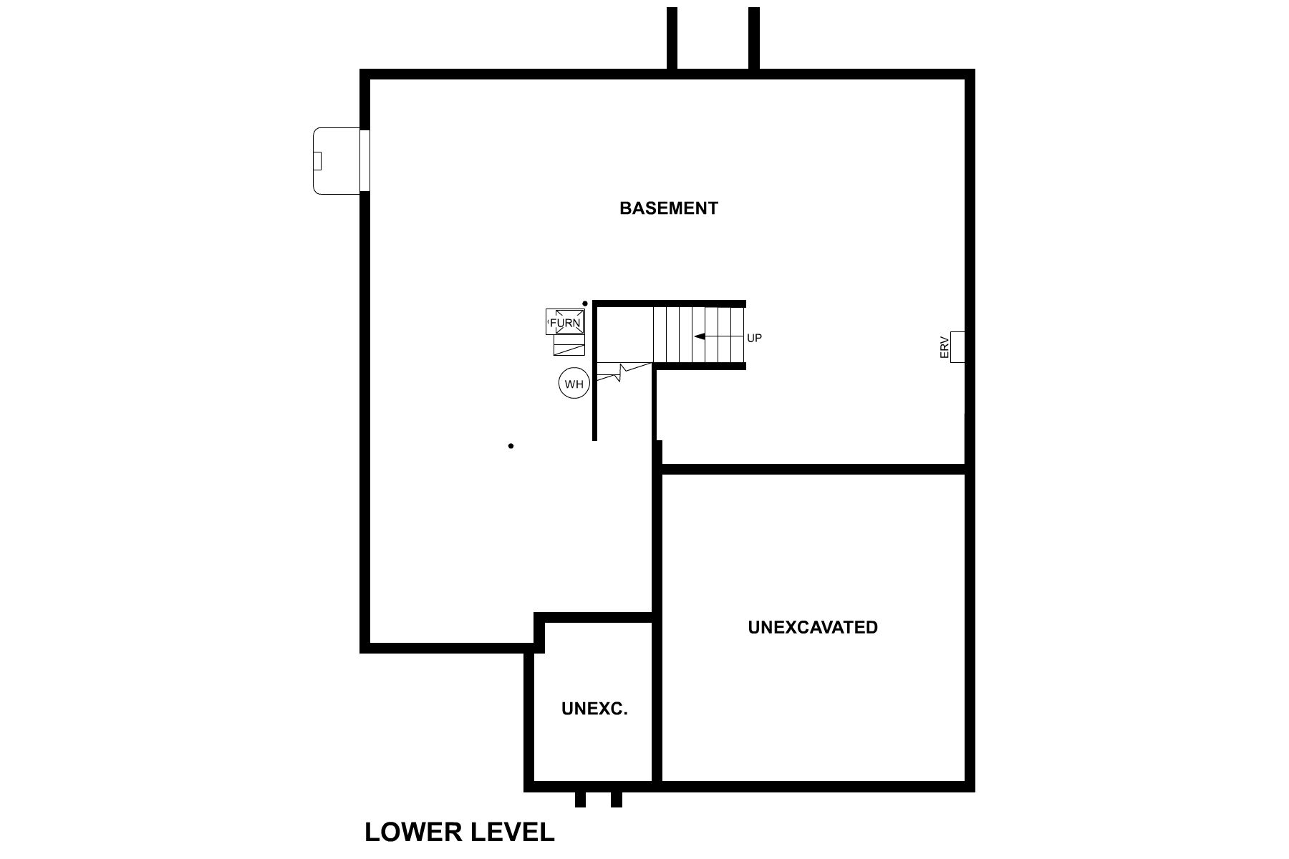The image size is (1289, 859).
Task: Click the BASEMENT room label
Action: [x=668, y=208]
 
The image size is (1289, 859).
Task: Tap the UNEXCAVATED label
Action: [x=813, y=627]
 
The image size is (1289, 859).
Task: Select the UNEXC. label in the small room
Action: [x=594, y=709]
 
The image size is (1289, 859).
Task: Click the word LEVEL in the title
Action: [x=513, y=833]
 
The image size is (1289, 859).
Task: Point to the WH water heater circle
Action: [x=574, y=384]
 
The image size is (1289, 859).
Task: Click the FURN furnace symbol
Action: [x=565, y=322]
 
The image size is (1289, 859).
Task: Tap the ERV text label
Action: [x=944, y=348]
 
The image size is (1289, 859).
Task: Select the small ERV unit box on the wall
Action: [x=957, y=347]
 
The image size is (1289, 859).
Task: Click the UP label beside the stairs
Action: [x=754, y=338]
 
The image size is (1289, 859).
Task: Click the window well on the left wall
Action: [x=337, y=160]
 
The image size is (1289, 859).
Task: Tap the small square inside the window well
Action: [x=317, y=161]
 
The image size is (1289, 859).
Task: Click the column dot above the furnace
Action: [x=585, y=304]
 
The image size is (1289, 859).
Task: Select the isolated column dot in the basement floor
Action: [x=511, y=446]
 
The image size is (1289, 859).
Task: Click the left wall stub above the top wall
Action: [x=672, y=39]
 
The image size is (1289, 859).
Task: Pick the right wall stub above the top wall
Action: [x=753, y=39]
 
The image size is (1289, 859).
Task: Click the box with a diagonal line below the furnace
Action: [x=569, y=349]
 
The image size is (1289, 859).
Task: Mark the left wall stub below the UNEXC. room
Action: [x=580, y=799]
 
